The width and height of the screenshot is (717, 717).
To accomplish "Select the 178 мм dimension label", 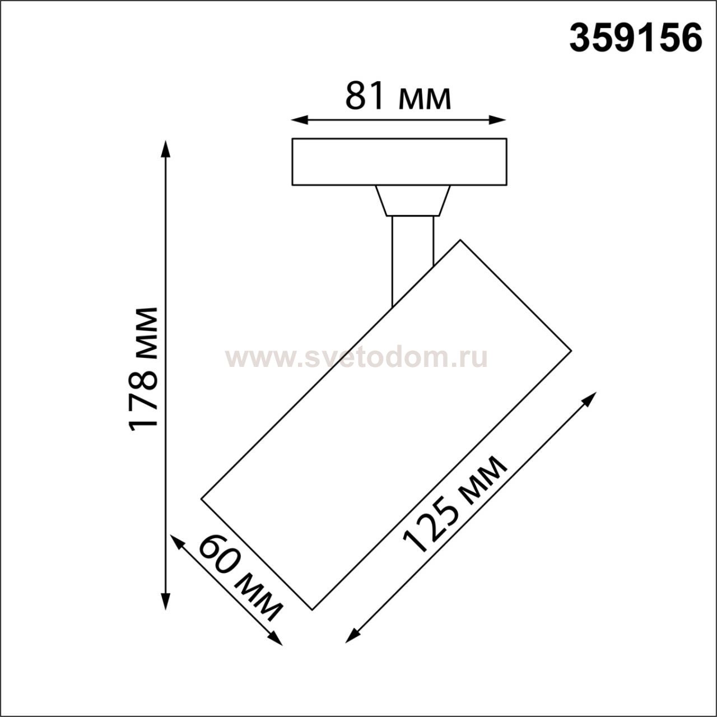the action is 143,370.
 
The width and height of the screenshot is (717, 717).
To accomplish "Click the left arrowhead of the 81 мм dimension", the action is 300,120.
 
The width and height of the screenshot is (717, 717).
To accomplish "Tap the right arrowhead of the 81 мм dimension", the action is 497,120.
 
